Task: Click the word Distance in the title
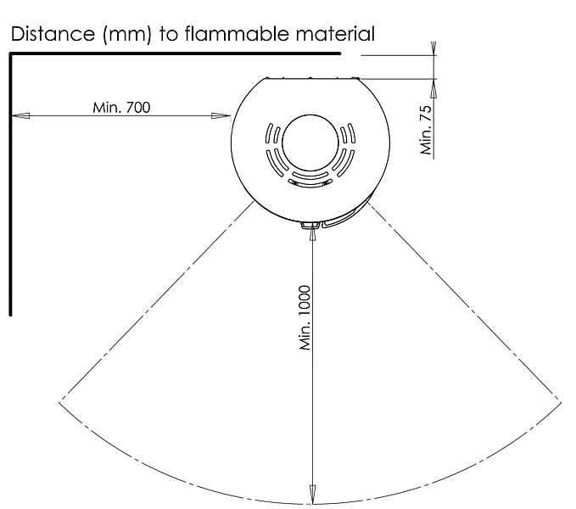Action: (53, 34)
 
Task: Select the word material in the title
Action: (335, 34)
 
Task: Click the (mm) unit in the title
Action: (127, 35)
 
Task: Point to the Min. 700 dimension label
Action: (121, 108)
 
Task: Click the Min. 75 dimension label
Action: (426, 130)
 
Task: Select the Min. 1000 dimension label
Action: (305, 317)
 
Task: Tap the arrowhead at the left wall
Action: (20, 116)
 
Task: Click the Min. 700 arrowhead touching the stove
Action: (221, 116)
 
